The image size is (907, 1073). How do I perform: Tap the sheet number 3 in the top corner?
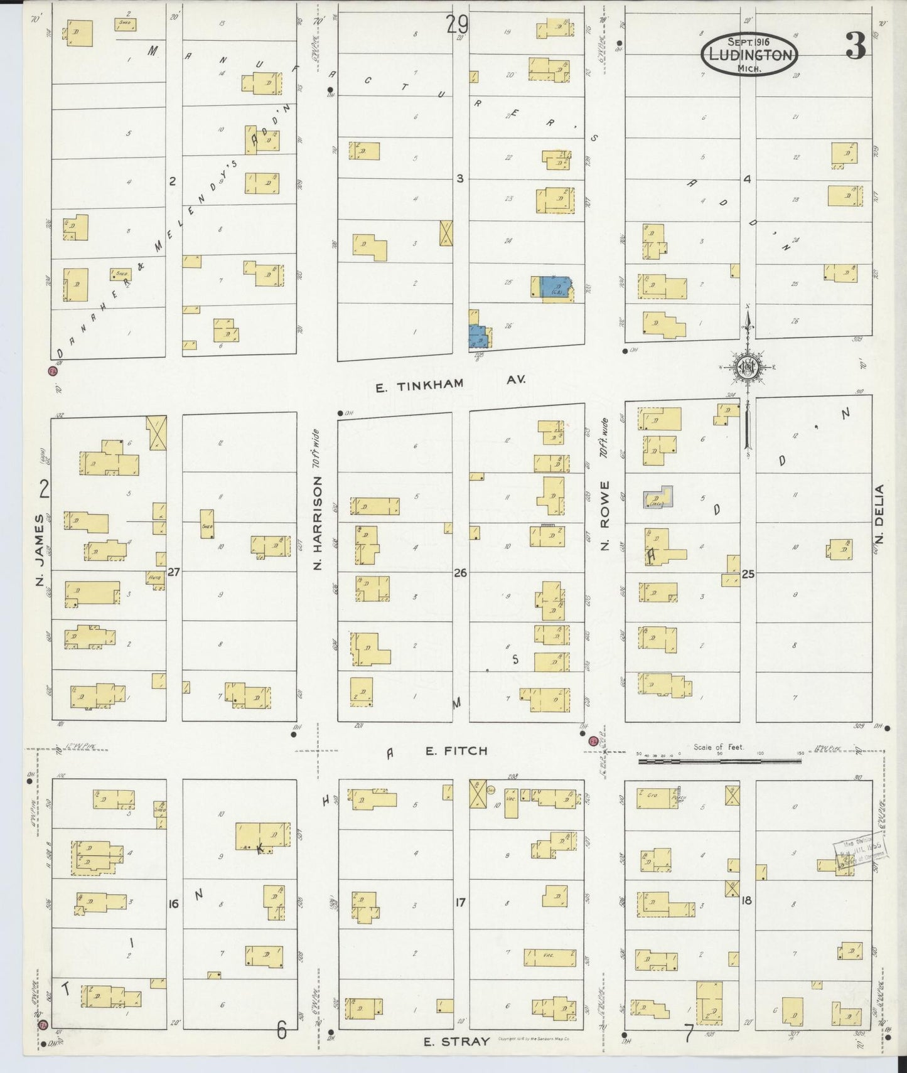(x=855, y=45)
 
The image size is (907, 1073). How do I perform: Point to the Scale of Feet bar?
(x=719, y=761)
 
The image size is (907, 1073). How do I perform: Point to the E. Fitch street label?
(x=456, y=750)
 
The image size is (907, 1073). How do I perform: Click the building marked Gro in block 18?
(x=656, y=797)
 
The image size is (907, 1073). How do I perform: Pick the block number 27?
(x=174, y=572)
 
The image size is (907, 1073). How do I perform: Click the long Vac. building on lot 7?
(x=550, y=957)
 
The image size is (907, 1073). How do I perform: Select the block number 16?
(x=174, y=904)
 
